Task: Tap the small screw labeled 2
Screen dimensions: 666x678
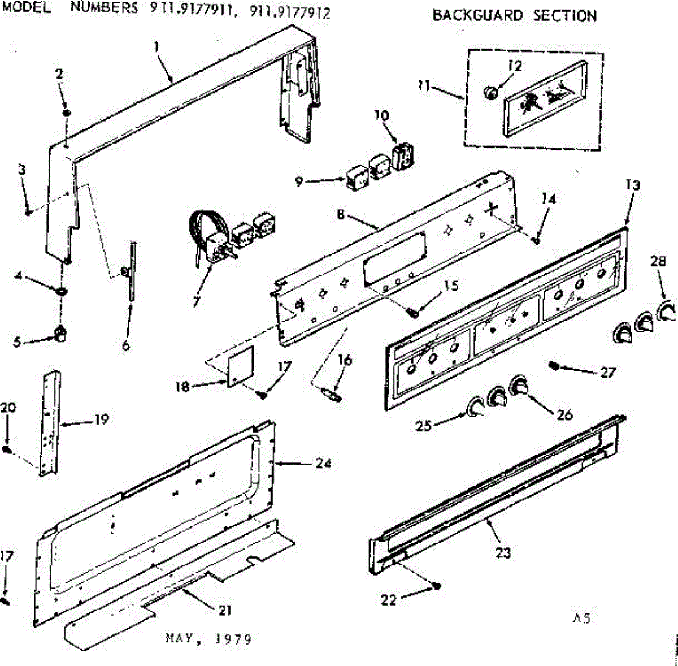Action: coord(67,113)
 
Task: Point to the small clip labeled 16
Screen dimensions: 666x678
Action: coord(332,394)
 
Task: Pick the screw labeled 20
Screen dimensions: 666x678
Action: coord(7,449)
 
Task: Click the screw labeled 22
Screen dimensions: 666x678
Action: coord(437,586)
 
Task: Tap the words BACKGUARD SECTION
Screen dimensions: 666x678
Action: coord(514,15)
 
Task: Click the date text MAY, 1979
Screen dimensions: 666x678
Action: coord(208,639)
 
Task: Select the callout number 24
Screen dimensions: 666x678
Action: coord(323,463)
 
